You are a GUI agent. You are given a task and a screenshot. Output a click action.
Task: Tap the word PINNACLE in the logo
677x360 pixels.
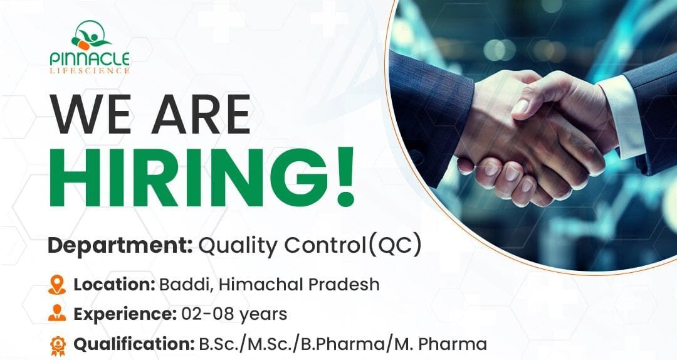point(90,59)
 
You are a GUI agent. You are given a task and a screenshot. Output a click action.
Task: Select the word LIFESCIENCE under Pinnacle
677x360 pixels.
point(90,71)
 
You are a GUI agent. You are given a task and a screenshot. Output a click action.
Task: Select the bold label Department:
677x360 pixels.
point(120,246)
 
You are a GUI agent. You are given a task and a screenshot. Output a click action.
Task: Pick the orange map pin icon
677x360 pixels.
point(57,285)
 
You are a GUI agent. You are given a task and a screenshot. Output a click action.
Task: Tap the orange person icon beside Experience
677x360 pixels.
point(57,314)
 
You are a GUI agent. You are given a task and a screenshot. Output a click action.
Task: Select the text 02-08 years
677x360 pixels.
point(234,314)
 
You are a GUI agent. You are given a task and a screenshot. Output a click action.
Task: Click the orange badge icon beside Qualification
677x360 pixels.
point(57,344)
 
